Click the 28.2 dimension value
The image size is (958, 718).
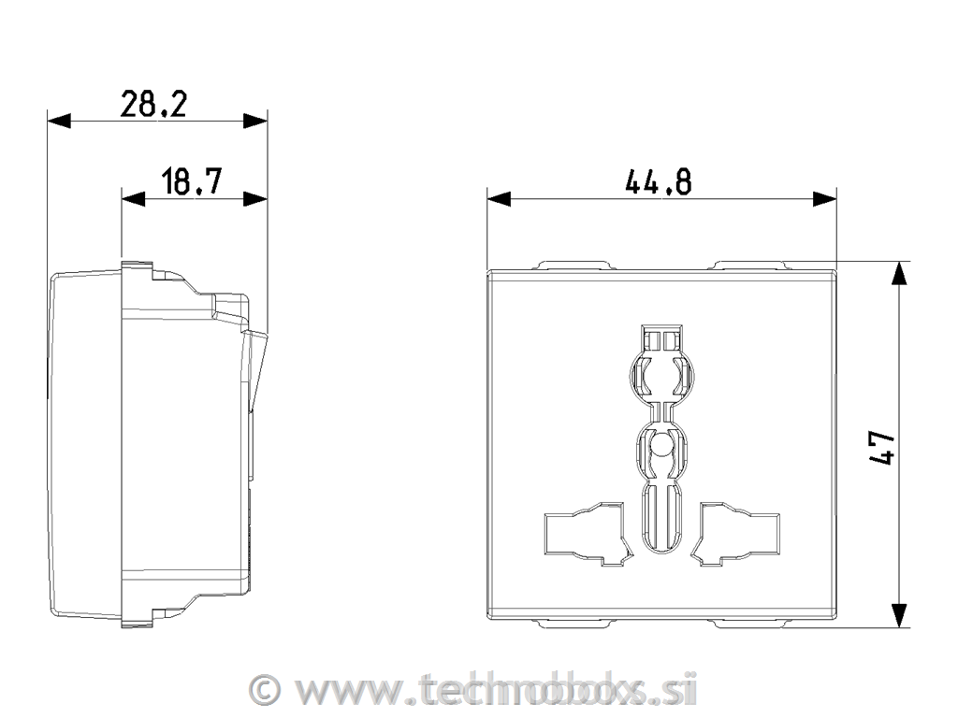(x=153, y=104)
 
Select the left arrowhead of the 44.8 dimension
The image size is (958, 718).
(x=499, y=198)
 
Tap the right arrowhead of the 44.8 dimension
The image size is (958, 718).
(x=824, y=198)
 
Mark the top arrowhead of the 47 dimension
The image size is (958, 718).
(x=898, y=273)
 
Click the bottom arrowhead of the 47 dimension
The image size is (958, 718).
(x=898, y=615)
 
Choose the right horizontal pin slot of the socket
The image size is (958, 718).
(x=738, y=534)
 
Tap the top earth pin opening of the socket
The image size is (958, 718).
(x=661, y=369)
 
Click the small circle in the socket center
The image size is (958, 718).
(x=661, y=446)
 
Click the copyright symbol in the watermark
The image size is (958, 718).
(x=267, y=690)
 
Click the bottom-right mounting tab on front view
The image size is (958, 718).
(x=749, y=622)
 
